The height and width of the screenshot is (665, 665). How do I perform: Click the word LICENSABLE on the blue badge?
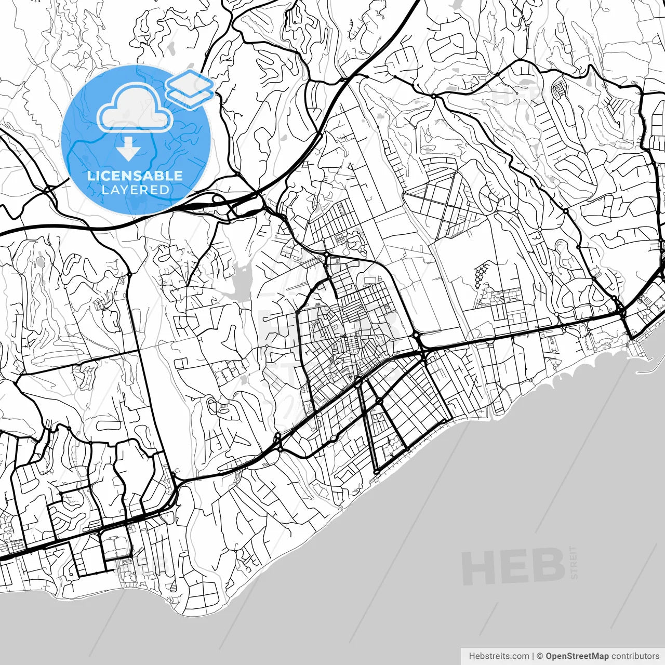135,176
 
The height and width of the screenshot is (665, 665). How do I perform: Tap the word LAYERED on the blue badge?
135,190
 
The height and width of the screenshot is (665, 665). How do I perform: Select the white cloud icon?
135,108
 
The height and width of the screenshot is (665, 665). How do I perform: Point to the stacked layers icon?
190,90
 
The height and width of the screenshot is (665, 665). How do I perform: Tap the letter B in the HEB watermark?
549,567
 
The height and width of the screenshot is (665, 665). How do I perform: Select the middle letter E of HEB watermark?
512,567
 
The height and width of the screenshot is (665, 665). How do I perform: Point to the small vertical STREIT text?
574,562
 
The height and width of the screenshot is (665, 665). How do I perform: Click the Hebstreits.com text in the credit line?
499,656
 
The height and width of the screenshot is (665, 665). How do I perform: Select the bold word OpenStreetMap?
577,656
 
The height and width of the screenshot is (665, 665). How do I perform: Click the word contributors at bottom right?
635,656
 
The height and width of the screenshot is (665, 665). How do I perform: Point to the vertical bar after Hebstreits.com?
533,656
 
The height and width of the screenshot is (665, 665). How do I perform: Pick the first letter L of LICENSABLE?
90,176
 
